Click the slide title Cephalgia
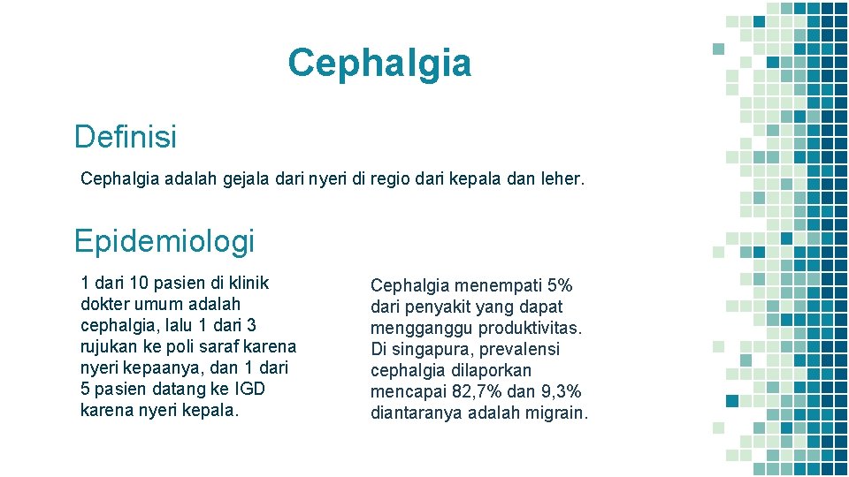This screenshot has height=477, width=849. pos(379,64)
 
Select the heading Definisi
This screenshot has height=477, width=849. pos(126,137)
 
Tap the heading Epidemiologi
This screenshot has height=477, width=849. pos(164,240)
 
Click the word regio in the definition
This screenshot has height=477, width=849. pos(394,179)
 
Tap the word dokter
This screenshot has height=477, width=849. pos(106,305)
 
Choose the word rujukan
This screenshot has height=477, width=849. pos(111,347)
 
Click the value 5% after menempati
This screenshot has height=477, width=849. pos(560,285)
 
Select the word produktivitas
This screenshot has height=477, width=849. pos(531,328)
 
